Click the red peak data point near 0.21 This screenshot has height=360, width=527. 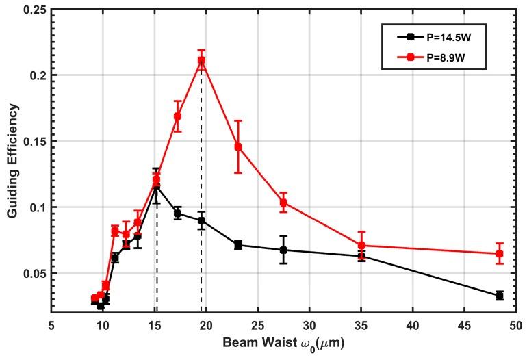[x=201, y=60]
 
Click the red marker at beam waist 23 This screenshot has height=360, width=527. [x=238, y=146]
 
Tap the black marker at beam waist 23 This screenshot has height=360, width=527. [x=238, y=244]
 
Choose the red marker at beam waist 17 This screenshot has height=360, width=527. [x=177, y=116]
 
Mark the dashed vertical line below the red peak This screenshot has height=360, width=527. [x=201, y=205]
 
